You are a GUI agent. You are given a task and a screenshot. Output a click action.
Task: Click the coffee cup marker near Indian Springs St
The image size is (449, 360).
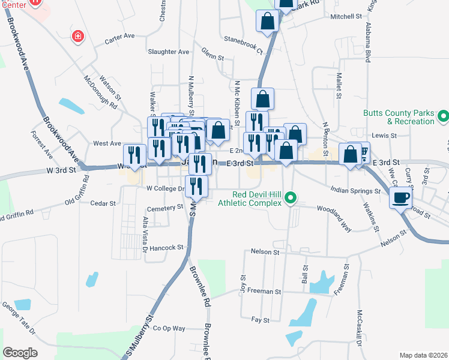point(400,197)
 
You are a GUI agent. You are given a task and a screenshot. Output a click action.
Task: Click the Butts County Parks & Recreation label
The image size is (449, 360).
point(399,117)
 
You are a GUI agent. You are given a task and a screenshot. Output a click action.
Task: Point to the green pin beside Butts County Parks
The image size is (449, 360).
point(443,114)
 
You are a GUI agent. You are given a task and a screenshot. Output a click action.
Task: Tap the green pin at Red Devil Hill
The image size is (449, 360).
point(291,197)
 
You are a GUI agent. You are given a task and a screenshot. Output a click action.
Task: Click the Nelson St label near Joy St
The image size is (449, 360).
point(265,253)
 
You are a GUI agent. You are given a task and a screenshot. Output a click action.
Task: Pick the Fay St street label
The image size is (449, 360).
point(261,320)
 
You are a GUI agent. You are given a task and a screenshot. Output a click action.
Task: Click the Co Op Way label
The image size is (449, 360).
point(169,328)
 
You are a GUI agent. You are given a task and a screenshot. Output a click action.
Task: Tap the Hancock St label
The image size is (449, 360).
point(166,247)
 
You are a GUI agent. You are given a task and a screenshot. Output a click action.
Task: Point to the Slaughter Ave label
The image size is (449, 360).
point(169,52)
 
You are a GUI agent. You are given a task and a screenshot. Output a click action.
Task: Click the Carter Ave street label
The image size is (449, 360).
point(119,37)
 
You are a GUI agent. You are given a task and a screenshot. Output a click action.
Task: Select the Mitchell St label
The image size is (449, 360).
point(346,17)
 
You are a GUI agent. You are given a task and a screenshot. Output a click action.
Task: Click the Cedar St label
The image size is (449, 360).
point(103,203)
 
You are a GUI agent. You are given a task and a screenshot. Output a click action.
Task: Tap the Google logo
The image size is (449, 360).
point(20,352)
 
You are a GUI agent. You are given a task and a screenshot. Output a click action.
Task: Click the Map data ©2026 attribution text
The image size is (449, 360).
point(423,355)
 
